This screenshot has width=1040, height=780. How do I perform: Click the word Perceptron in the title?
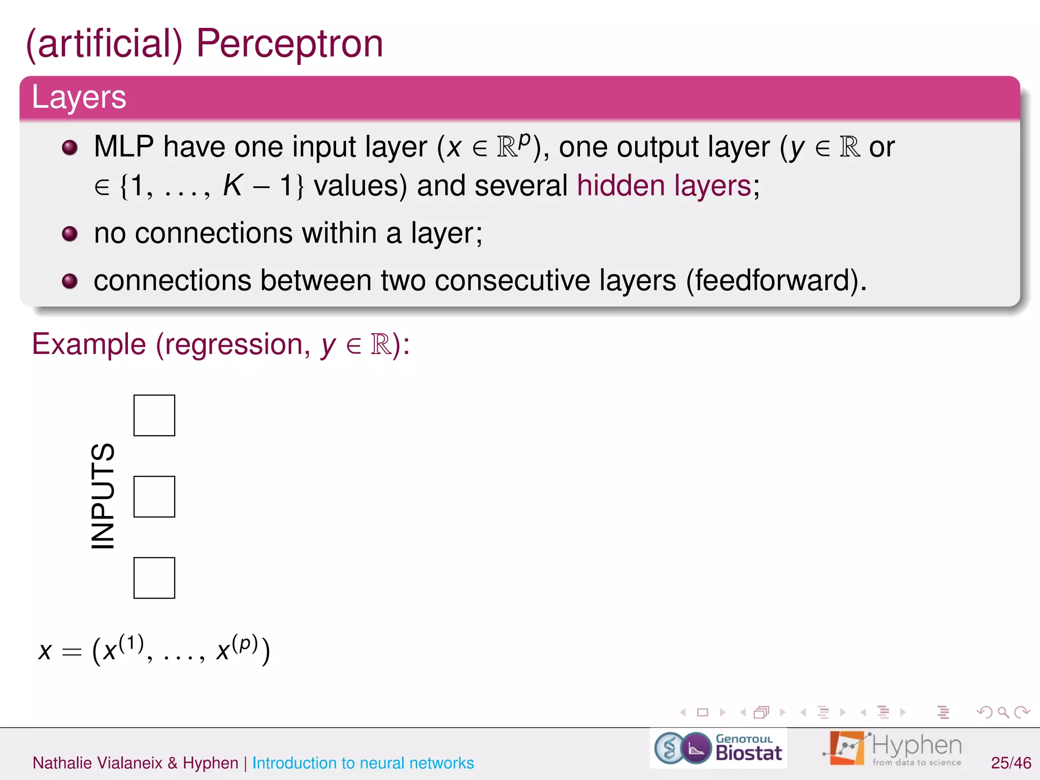[x=289, y=45]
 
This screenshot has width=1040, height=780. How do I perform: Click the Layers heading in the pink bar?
[x=79, y=97]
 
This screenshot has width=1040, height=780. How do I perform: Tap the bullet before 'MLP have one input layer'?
[x=70, y=148]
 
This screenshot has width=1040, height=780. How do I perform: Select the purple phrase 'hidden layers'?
[x=664, y=186]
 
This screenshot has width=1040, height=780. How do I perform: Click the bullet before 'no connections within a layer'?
[x=70, y=234]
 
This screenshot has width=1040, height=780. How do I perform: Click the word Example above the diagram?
[x=89, y=345]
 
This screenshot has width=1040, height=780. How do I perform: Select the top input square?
[x=154, y=415]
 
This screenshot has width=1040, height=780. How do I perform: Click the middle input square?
[x=154, y=497]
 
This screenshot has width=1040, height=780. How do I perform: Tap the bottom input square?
[x=154, y=578]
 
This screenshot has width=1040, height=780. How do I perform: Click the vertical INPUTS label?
[x=103, y=496]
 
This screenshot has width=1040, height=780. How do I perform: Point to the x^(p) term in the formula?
[x=237, y=649]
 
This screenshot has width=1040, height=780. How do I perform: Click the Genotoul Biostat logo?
[x=718, y=748]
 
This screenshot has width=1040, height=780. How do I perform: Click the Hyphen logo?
[x=893, y=748]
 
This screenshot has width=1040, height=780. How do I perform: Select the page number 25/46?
[x=1011, y=763]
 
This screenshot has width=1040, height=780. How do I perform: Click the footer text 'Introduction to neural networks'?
[x=363, y=763]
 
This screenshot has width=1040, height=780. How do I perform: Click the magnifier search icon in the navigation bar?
[x=1003, y=712]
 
